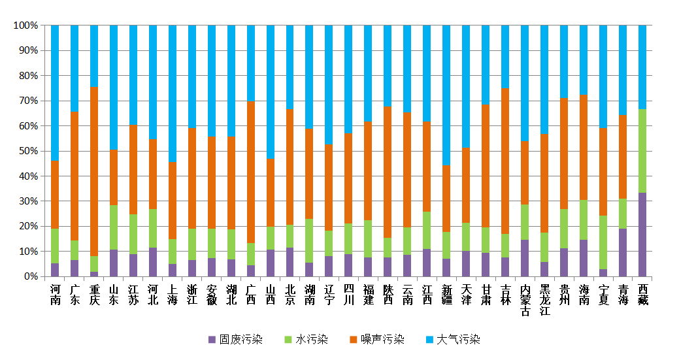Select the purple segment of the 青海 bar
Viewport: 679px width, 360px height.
tap(623, 252)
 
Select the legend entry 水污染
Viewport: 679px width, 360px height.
tap(306, 340)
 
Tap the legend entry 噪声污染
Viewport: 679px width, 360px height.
tap(377, 340)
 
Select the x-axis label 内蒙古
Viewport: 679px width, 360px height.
tap(525, 300)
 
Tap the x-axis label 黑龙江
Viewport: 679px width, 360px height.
tap(544, 300)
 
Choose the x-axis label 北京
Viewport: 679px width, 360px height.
tap(290, 295)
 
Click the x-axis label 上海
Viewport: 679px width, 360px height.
tap(173, 295)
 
